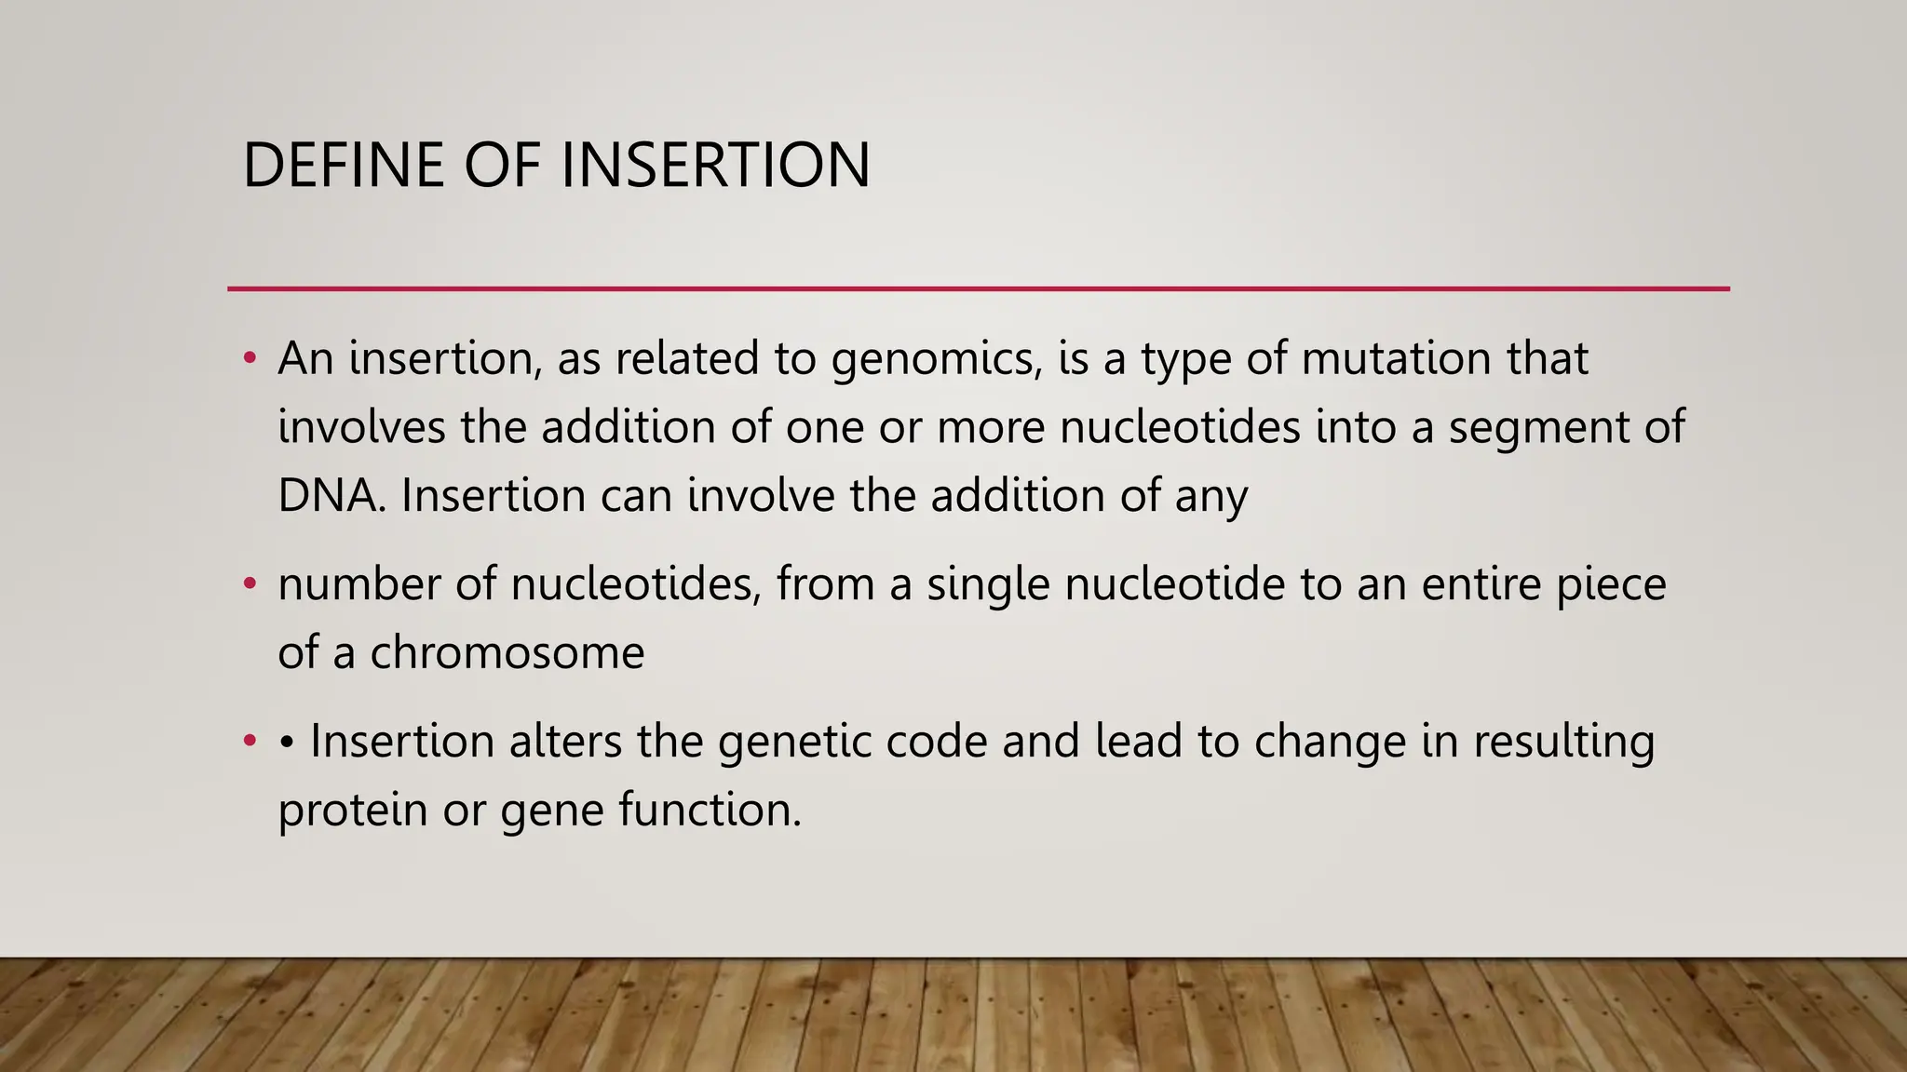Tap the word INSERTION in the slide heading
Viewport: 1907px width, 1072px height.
point(715,166)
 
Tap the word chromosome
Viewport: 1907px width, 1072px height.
point(507,652)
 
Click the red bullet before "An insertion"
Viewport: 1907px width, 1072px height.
point(250,358)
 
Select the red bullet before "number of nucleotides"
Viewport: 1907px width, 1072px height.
point(250,584)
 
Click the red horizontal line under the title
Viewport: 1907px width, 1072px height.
point(979,288)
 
